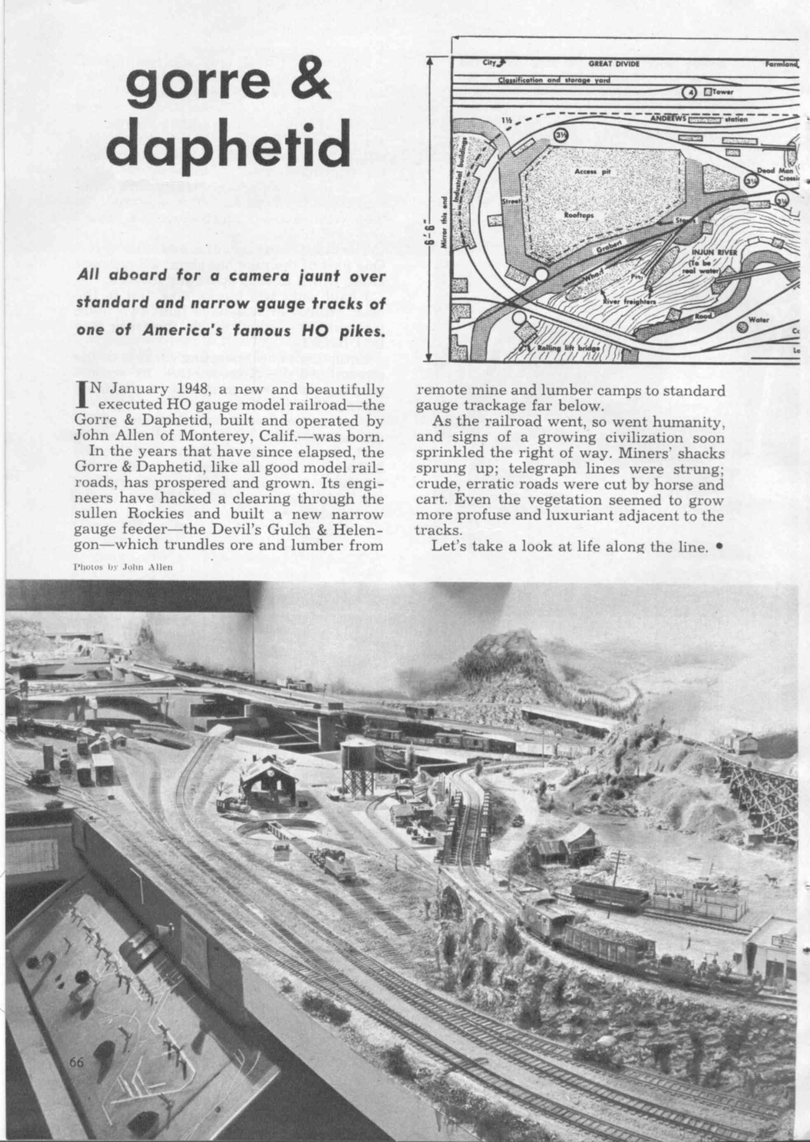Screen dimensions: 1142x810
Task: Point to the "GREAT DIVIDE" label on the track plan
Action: (613, 64)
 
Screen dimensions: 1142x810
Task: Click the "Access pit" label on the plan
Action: (589, 171)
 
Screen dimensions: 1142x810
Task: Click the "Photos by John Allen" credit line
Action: (123, 567)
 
